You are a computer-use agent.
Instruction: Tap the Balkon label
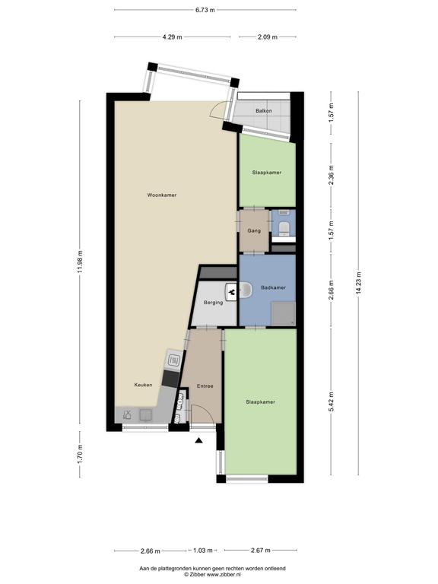pyautogui.click(x=263, y=111)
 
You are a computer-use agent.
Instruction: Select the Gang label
pyautogui.click(x=254, y=231)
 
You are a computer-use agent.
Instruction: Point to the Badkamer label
pyautogui.click(x=274, y=287)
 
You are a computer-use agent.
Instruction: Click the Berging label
pyautogui.click(x=214, y=303)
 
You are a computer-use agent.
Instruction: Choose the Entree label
pyautogui.click(x=205, y=386)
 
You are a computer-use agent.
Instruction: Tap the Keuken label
pyautogui.click(x=144, y=385)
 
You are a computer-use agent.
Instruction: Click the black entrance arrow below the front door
pyautogui.click(x=199, y=441)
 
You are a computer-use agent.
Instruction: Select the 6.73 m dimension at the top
pyautogui.click(x=205, y=10)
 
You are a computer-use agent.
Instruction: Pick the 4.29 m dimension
pyautogui.click(x=173, y=36)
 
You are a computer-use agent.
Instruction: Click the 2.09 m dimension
pyautogui.click(x=268, y=36)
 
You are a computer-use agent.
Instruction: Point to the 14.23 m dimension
pyautogui.click(x=358, y=283)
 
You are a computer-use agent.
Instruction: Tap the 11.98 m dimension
pyautogui.click(x=80, y=262)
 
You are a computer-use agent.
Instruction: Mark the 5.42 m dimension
pyautogui.click(x=331, y=401)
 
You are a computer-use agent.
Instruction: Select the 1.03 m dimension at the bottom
pyautogui.click(x=203, y=550)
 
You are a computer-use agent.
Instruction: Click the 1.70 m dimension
pyautogui.click(x=80, y=455)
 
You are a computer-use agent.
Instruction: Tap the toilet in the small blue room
pyautogui.click(x=284, y=228)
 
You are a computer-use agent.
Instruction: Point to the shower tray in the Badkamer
pyautogui.click(x=284, y=313)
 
